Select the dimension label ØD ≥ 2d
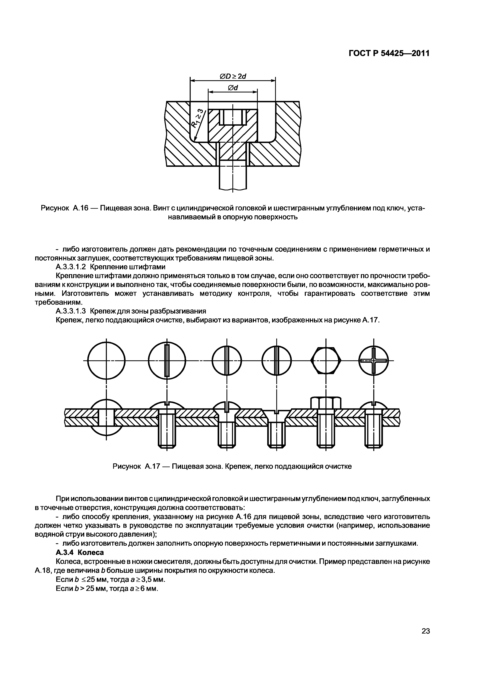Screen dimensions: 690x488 click(x=233, y=77)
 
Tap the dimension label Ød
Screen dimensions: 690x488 click(x=233, y=88)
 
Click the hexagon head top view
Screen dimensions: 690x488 click(x=326, y=360)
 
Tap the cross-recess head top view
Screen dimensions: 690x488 click(x=373, y=360)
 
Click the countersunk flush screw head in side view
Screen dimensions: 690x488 click(x=276, y=414)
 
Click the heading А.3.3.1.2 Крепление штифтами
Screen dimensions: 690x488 click(x=110, y=267)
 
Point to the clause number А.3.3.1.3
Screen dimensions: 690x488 click(x=71, y=311)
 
